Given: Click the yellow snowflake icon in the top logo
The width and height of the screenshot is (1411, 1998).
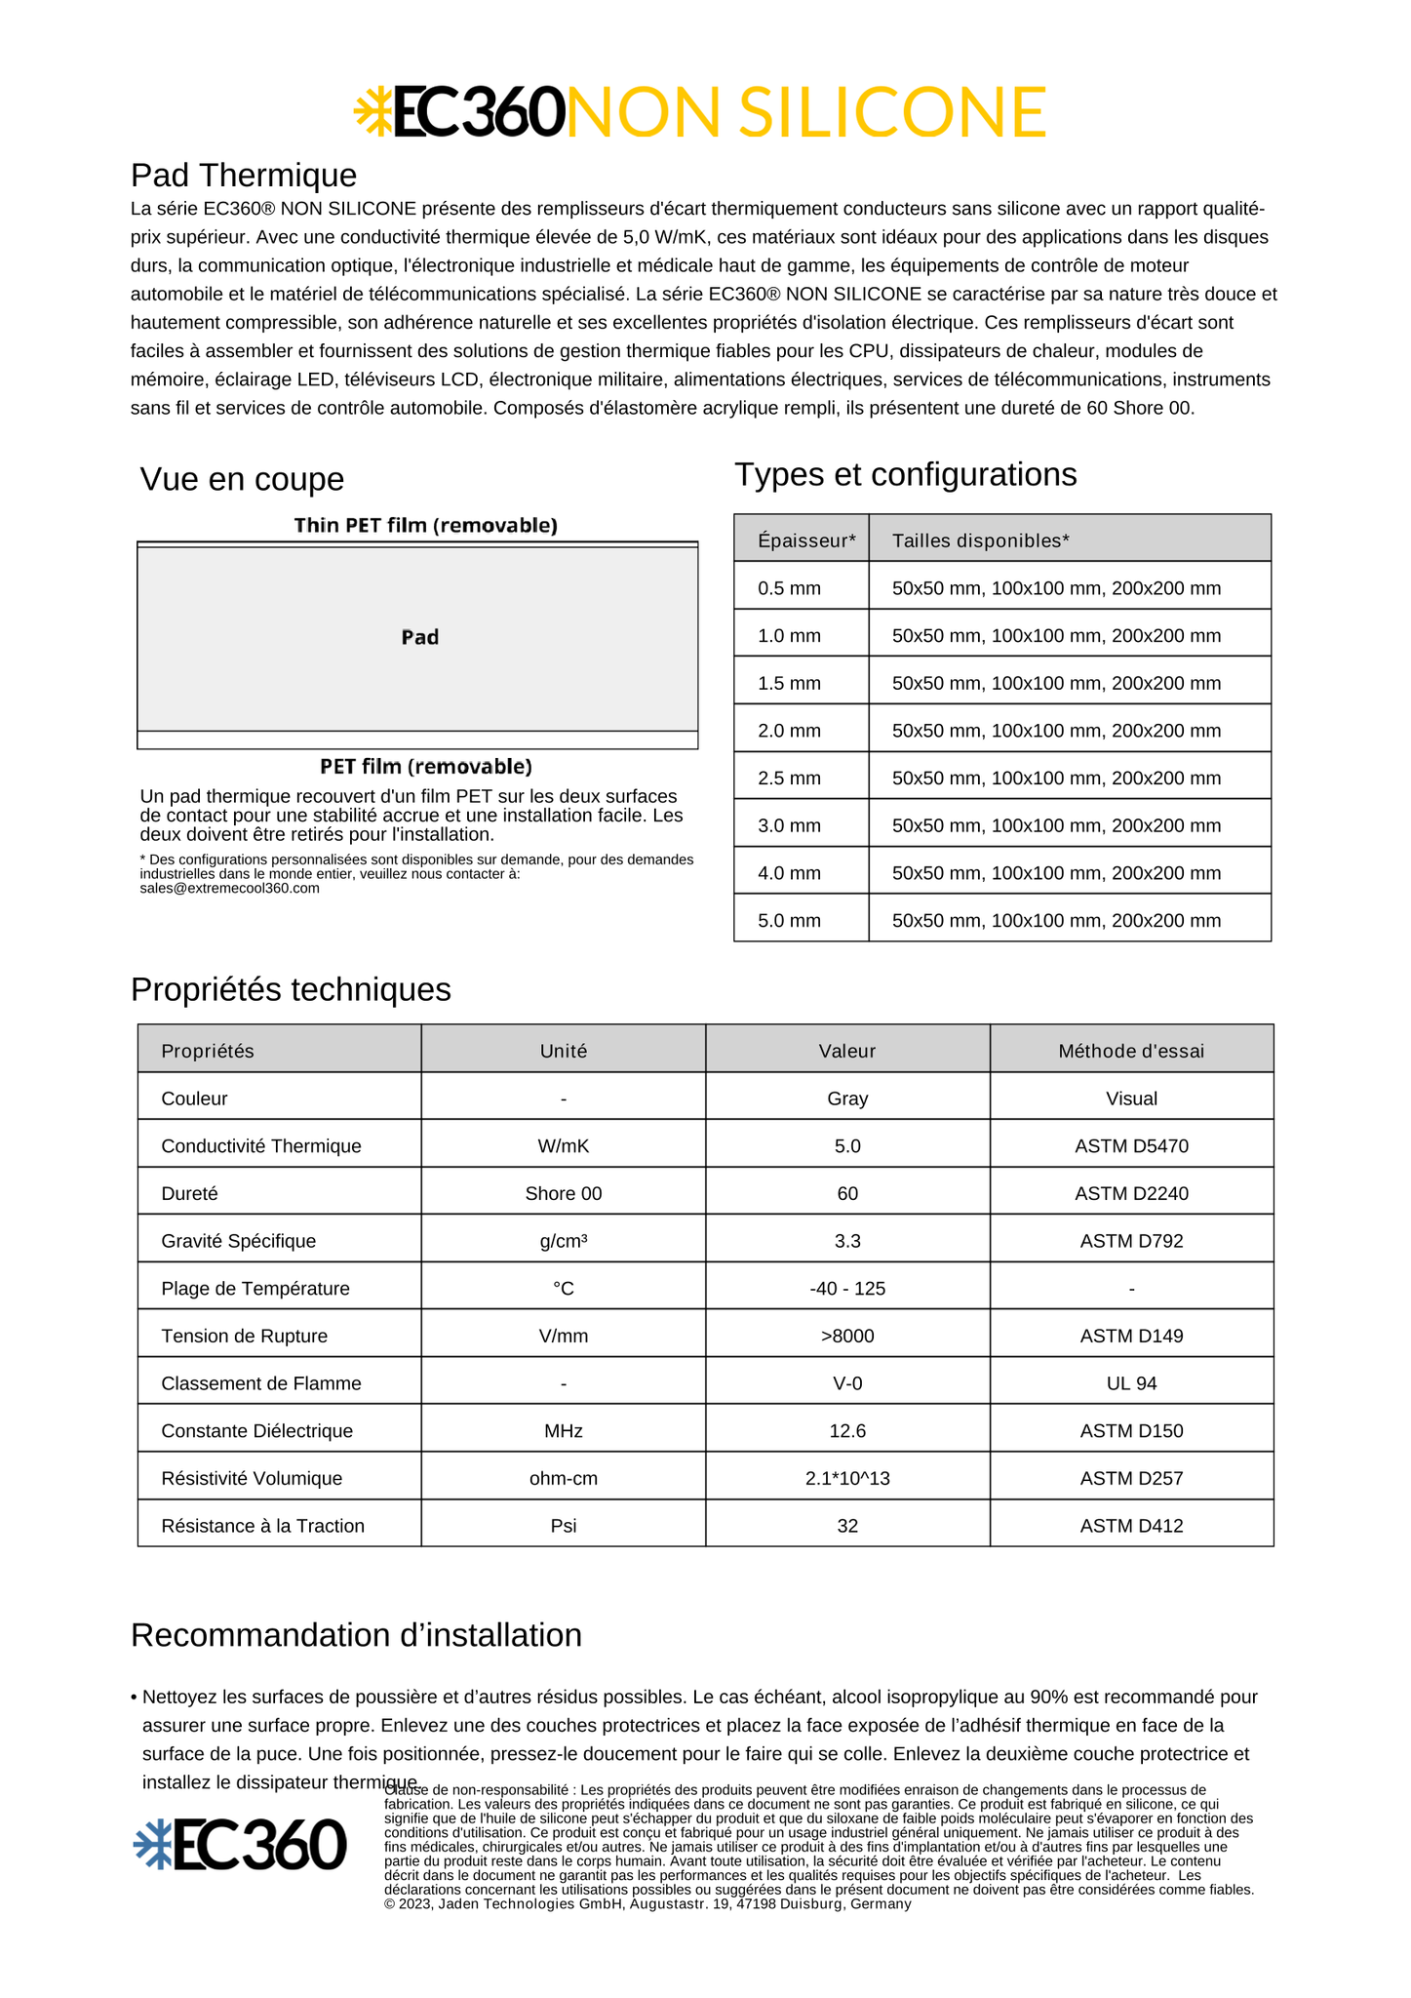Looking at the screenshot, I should [372, 110].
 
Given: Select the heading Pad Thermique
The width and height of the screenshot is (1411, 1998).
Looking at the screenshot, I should [244, 176].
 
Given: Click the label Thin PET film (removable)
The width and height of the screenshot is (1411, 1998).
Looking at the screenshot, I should [426, 526].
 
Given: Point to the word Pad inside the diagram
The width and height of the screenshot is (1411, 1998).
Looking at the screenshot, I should [420, 637].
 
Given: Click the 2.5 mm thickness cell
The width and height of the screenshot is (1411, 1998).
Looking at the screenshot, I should [790, 779].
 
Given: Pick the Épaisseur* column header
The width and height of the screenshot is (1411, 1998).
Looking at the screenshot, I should [806, 540].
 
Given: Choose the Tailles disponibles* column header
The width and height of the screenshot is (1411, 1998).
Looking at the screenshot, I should [980, 540].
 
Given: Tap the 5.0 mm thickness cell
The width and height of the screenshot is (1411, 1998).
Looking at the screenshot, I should [790, 921].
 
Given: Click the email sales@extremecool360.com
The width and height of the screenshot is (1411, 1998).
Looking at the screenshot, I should [230, 889].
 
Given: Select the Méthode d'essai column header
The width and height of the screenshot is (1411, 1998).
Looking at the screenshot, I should [1131, 1051].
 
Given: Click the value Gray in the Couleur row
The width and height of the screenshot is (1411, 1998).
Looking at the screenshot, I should [847, 1099].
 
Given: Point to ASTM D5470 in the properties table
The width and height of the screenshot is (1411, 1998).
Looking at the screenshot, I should [1131, 1146].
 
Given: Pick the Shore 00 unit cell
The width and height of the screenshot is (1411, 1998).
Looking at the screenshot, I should [564, 1194].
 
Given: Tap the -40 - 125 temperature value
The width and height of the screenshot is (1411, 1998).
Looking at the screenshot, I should [847, 1289].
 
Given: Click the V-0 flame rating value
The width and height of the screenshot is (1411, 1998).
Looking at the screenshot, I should [847, 1383].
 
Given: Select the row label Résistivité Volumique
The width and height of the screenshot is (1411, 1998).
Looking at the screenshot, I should [252, 1478].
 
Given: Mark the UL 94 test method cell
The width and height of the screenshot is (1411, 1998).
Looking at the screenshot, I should [1131, 1383].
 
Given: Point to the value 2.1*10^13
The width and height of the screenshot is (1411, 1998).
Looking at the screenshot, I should [847, 1478].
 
